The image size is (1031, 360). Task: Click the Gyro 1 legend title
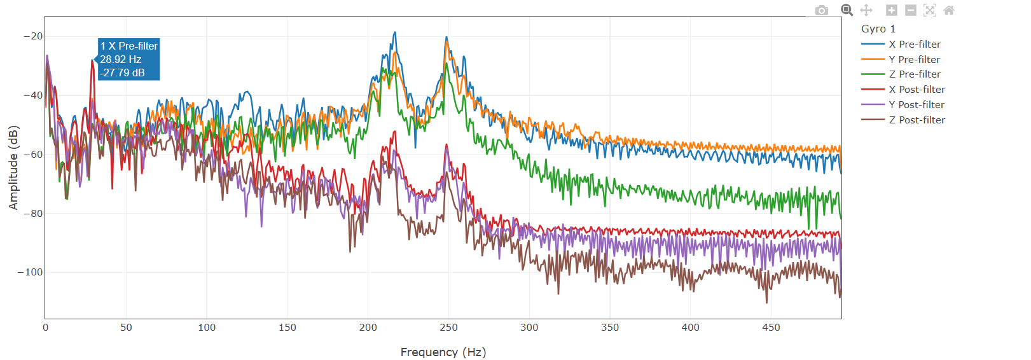pos(878,29)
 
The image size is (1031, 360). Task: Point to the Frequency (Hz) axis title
pos(443,352)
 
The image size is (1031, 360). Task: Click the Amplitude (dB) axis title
pos(13,167)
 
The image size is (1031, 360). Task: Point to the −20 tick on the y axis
pos(33,36)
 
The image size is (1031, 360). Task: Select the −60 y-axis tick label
pos(33,155)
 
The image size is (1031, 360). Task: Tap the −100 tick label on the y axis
pos(31,272)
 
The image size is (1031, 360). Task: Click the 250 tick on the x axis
pos(448,328)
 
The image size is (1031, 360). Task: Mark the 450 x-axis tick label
pos(771,328)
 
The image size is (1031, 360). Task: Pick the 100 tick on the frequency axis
pos(207,328)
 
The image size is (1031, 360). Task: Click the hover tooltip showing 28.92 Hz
pos(128,59)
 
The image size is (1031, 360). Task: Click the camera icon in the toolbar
pos(822,10)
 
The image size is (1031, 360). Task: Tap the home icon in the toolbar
pos(949,10)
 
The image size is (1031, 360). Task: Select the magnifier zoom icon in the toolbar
pos(847,10)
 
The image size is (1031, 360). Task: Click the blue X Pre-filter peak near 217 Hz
pos(395,32)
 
